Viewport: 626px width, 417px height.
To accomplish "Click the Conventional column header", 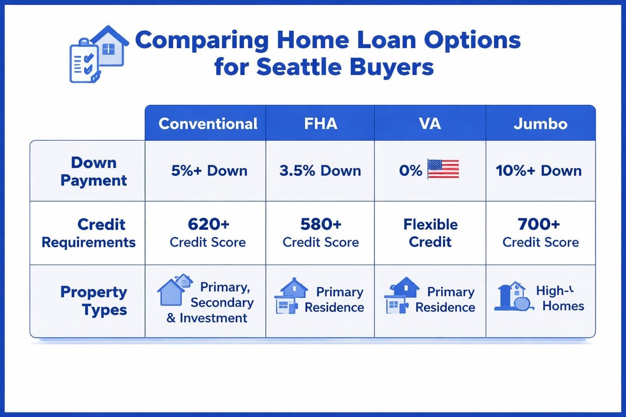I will [x=208, y=124].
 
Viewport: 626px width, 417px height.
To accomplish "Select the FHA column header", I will [x=320, y=124].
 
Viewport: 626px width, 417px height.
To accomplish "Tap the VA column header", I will [x=430, y=124].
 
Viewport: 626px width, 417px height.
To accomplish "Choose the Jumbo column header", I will [x=540, y=124].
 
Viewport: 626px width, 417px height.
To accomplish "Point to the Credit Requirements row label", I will [x=89, y=233].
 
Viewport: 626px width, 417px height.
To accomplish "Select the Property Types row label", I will [x=93, y=301].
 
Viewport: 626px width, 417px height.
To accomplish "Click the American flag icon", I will [x=443, y=169].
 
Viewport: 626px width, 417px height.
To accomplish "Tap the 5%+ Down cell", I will [x=209, y=171].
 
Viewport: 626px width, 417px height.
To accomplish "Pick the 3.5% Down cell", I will [x=320, y=171].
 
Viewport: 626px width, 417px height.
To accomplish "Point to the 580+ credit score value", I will [x=320, y=225].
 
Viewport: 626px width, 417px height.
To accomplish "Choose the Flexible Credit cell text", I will [x=430, y=233].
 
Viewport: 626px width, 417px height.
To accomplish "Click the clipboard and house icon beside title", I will [x=99, y=54].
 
